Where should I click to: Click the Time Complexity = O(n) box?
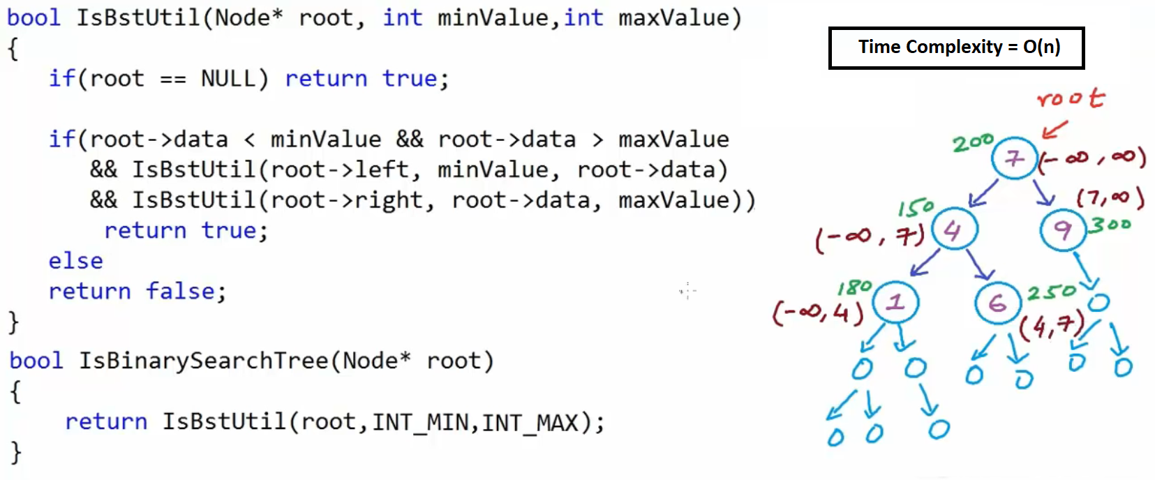956,47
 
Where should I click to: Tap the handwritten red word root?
1070,98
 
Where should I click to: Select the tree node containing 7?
1014,158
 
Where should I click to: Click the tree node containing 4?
953,230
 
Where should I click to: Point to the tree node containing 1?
895,302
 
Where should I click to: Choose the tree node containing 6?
997,303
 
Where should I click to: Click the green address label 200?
972,143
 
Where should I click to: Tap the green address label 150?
916,207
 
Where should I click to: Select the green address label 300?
1111,225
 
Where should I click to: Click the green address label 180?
855,287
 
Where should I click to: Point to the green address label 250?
1052,292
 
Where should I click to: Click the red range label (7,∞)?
1110,199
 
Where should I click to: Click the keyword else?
75,261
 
